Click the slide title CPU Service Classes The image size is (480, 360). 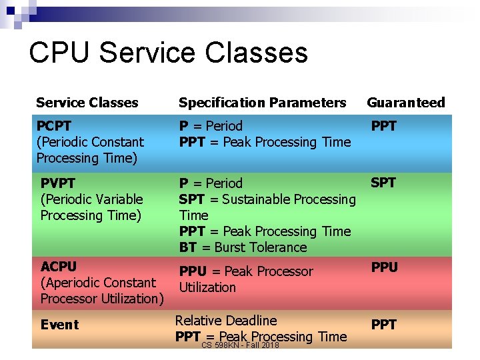click(168, 53)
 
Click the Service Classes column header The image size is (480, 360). click(87, 103)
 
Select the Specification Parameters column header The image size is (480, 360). click(262, 103)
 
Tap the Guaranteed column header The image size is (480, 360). click(405, 103)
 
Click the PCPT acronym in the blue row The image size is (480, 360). click(54, 126)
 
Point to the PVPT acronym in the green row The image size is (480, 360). click(58, 183)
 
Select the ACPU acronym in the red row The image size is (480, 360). click(59, 267)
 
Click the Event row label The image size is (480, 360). click(59, 325)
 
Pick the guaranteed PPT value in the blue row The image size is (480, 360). click(383, 126)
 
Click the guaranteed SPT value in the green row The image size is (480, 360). click(383, 183)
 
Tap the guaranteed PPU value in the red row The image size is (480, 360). click(384, 267)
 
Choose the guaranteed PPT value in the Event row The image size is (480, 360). click(383, 325)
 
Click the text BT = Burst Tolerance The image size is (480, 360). click(243, 247)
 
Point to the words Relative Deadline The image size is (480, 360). click(225, 321)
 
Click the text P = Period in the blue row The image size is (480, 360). click(211, 126)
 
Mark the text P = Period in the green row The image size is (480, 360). click(211, 183)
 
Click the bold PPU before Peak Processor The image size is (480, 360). click(193, 271)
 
